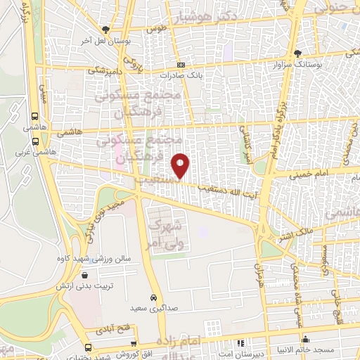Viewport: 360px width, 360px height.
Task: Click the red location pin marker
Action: [x=181, y=165]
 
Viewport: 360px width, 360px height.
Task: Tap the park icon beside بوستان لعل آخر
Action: [x=105, y=30]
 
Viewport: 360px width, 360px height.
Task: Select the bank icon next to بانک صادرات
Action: [x=181, y=63]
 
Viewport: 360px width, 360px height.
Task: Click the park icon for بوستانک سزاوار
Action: [x=297, y=53]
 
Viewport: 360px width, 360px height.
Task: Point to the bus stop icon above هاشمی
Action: [x=35, y=117]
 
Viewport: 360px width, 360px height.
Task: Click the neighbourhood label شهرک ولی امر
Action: [x=166, y=235]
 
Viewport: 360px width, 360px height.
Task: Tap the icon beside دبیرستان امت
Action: [x=240, y=344]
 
